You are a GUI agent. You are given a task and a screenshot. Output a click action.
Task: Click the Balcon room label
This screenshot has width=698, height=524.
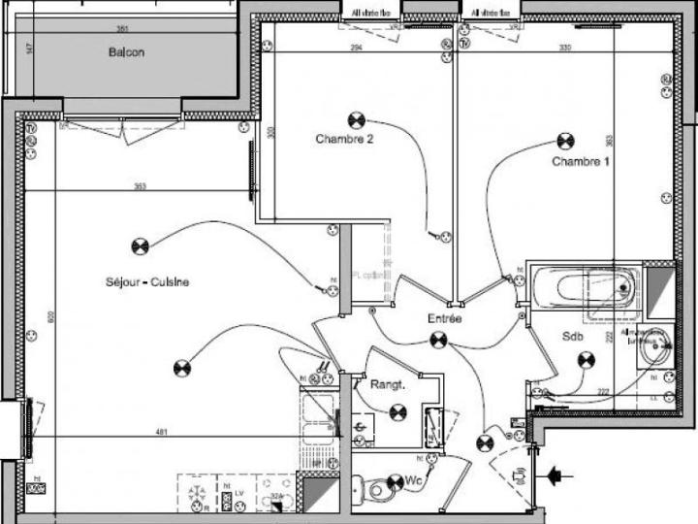point(126,52)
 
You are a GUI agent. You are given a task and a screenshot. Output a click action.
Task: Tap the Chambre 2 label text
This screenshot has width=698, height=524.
point(344,139)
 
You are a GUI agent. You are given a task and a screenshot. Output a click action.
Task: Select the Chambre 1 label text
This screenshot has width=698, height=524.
point(581,161)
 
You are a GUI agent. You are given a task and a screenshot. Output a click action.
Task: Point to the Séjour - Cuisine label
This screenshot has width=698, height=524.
point(147,282)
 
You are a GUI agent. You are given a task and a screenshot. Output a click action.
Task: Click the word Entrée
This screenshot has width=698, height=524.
point(445,318)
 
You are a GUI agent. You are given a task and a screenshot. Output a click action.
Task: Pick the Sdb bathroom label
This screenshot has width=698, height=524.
point(573,337)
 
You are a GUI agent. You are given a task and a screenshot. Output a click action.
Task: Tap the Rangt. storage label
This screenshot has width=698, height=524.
point(387,385)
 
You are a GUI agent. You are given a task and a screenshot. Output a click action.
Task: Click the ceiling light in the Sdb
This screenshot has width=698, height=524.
point(586,360)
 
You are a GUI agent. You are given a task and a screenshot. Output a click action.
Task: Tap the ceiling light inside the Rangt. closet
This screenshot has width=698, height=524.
point(397,412)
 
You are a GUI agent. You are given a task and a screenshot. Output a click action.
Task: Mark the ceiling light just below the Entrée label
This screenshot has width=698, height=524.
point(438,340)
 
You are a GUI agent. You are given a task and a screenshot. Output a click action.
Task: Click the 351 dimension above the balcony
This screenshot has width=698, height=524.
point(122,29)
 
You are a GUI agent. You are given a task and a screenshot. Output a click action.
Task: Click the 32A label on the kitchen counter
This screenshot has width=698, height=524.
point(277,496)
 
